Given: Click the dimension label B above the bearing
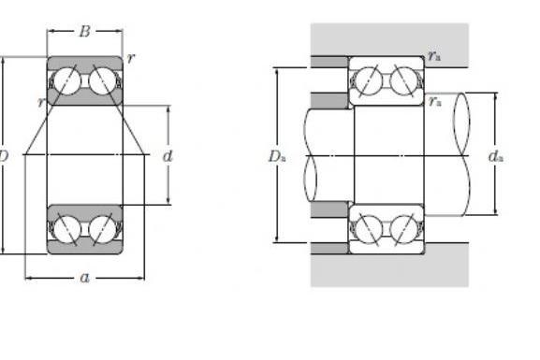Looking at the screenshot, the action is coord(85,31).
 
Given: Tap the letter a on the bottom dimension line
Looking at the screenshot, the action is coord(85,278).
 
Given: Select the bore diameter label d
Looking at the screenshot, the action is coord(168,156).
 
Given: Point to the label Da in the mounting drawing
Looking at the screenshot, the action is coord(277,156).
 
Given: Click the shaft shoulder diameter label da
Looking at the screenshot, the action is coord(496,156).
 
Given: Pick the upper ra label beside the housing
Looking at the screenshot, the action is coord(434,56).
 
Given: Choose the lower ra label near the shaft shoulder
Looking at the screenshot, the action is coord(435,102).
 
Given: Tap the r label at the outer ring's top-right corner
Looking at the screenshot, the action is coord(130,59).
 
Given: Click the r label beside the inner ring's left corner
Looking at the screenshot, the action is coord(42,102).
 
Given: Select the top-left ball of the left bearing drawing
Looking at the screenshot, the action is coord(66,81).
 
